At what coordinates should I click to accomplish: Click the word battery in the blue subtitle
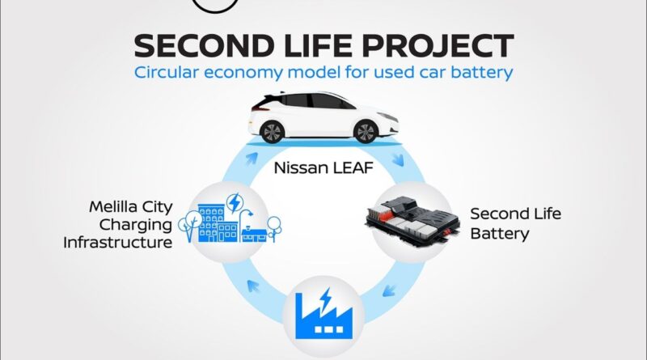point(481,73)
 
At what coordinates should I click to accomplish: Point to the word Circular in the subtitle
point(167,72)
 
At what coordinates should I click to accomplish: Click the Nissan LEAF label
point(323,168)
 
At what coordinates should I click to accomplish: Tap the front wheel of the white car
point(366,132)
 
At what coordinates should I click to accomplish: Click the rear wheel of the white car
point(272,132)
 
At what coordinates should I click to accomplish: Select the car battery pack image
point(412,222)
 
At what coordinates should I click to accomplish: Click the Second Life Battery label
point(515,223)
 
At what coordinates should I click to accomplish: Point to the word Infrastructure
point(117,243)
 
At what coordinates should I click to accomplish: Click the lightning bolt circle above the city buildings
point(235,203)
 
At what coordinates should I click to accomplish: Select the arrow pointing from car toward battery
point(398,159)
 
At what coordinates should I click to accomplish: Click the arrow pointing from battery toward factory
point(389,290)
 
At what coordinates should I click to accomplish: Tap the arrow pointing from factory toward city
point(253,286)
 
